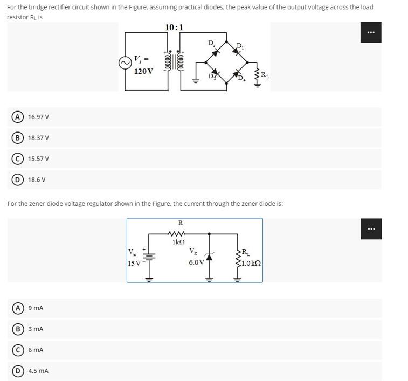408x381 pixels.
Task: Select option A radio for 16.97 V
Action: click(18, 117)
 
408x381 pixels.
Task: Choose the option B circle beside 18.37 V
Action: click(18, 138)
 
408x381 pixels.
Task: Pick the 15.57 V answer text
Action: click(38, 159)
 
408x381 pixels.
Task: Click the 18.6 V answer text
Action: click(37, 180)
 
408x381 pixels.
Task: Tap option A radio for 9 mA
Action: click(18, 308)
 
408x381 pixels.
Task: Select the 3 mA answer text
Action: click(36, 329)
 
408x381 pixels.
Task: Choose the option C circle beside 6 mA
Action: click(18, 350)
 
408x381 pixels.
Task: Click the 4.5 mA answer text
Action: click(38, 371)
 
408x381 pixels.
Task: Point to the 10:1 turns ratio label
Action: click(174, 27)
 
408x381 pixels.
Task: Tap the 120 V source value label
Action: click(143, 71)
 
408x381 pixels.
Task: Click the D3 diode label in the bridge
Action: click(211, 43)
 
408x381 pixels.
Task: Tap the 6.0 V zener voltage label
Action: click(196, 262)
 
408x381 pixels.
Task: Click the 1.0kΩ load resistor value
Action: click(251, 264)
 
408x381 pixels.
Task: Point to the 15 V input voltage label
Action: click(134, 263)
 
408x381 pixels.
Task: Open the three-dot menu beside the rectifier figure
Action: click(371, 32)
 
